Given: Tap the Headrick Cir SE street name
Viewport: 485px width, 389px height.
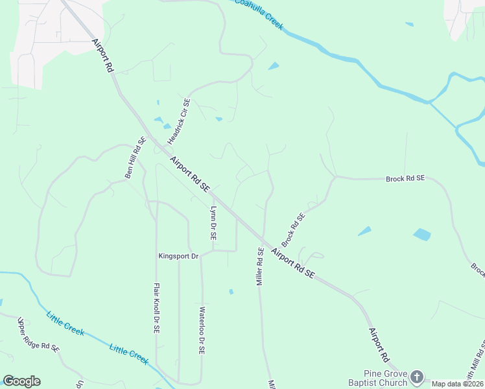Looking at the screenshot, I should click(x=178, y=121).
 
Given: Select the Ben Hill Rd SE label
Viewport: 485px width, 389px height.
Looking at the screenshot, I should click(x=136, y=158).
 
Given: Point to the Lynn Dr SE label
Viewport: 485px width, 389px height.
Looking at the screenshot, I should click(x=213, y=224).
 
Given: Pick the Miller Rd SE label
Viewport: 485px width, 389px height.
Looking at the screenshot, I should click(x=259, y=266).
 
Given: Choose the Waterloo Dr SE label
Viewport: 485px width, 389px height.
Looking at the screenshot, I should click(x=202, y=330).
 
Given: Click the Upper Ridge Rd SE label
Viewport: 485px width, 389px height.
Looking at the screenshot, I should click(x=38, y=335).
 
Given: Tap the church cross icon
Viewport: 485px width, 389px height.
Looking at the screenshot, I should click(x=417, y=377).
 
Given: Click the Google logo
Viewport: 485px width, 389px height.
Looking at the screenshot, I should click(x=21, y=381).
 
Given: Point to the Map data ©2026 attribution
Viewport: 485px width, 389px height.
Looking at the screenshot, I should click(x=458, y=384).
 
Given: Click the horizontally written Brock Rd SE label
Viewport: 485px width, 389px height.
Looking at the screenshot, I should click(x=405, y=178).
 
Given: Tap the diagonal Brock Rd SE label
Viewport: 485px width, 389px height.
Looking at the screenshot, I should click(x=293, y=227).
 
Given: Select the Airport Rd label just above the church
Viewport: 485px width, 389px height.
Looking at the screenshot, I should click(x=379, y=344).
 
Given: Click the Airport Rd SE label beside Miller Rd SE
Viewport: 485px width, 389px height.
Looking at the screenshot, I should click(x=292, y=263).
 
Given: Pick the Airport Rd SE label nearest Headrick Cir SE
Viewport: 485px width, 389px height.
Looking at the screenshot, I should click(x=190, y=173).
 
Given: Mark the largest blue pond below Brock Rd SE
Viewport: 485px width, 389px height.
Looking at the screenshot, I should click(x=422, y=234).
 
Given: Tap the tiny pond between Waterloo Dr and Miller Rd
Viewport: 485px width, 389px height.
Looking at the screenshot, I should click(x=231, y=292).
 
